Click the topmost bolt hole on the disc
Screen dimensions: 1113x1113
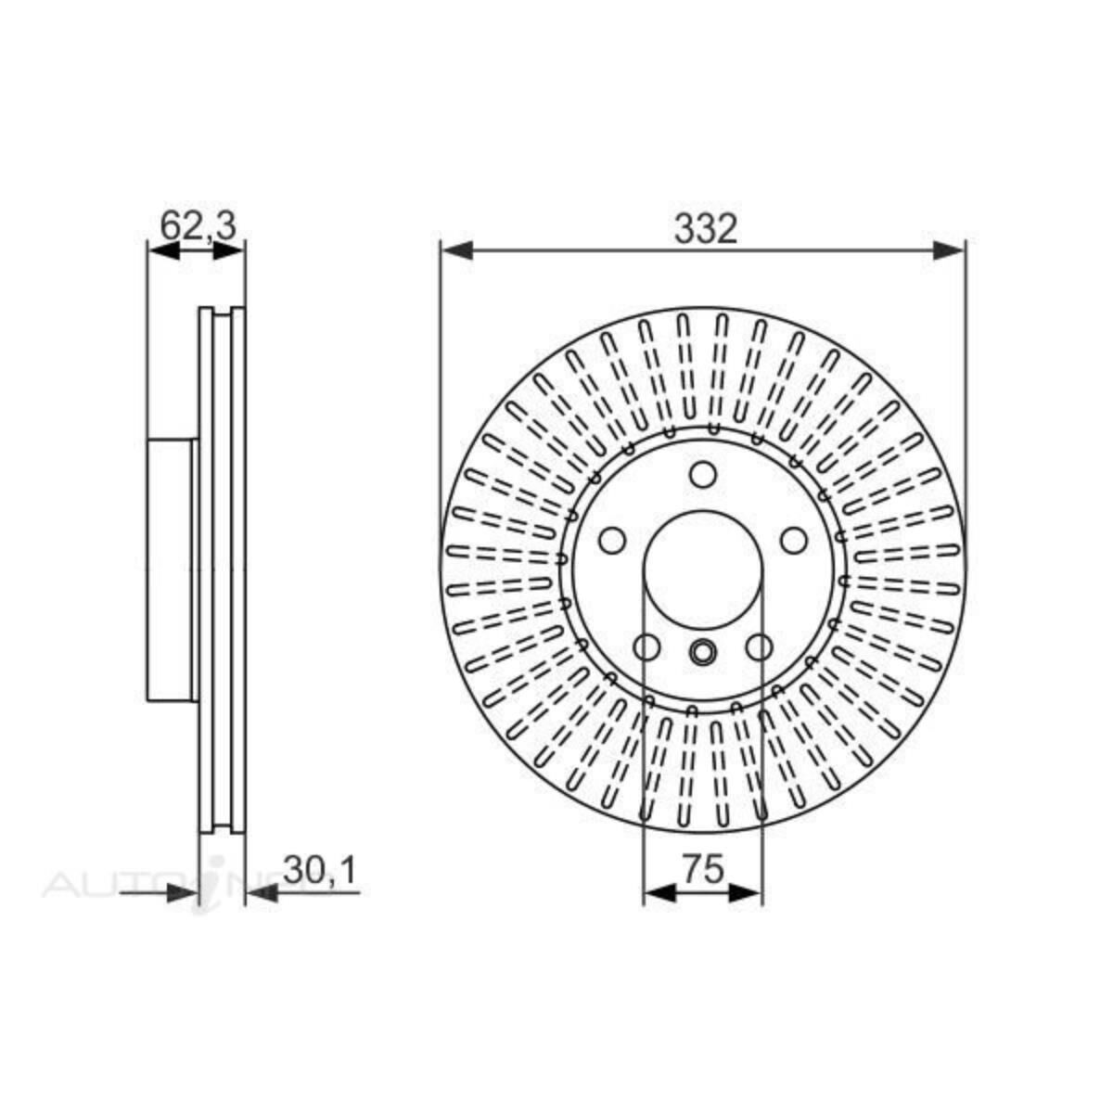703,476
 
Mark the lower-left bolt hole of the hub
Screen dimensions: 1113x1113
646,646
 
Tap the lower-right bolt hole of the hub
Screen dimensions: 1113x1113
760,646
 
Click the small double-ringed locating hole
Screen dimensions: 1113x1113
703,652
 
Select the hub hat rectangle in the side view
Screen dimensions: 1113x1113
171,569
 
